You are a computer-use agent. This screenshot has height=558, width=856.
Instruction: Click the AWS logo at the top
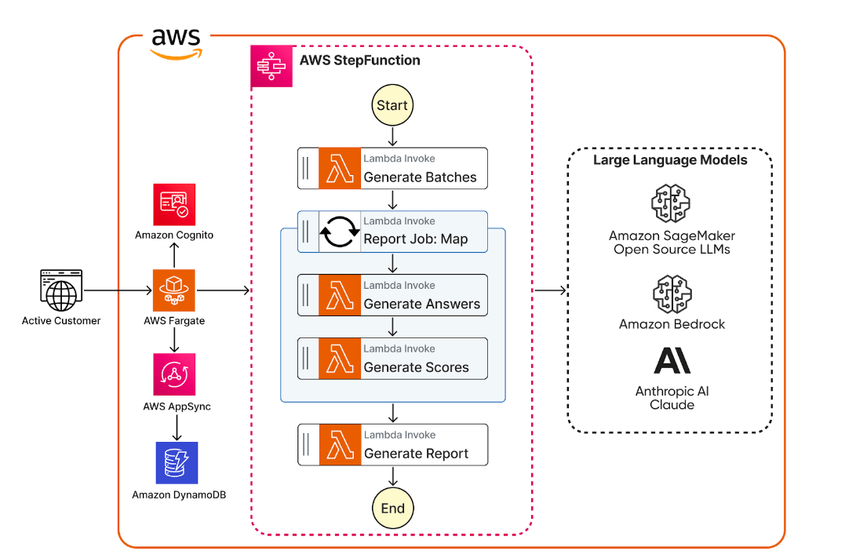tap(177, 43)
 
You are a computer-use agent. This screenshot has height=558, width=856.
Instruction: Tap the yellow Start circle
tap(392, 106)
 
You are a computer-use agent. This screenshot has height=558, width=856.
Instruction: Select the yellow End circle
tap(392, 508)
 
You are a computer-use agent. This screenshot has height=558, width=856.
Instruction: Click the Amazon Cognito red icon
tap(174, 205)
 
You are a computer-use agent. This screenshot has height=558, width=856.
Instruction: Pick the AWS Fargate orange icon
tap(174, 290)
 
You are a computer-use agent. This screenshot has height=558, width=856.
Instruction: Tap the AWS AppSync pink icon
tap(174, 374)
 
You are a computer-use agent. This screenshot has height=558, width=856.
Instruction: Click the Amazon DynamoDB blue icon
tap(177, 463)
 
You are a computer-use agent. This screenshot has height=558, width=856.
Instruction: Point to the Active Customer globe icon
tap(60, 290)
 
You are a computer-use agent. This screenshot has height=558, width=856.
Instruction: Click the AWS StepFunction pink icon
tap(271, 67)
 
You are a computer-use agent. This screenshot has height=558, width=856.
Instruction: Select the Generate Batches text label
tap(420, 177)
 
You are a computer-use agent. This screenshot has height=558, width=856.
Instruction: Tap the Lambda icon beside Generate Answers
tap(339, 295)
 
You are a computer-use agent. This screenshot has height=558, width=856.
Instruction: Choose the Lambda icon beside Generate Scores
tap(339, 359)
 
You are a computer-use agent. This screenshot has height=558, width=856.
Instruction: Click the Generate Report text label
tap(416, 454)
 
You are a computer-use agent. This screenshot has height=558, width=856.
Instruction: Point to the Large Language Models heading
tap(670, 160)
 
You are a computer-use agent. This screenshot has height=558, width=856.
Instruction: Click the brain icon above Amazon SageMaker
tap(672, 203)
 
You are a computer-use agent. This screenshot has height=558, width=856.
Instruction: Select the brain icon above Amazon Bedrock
tap(672, 293)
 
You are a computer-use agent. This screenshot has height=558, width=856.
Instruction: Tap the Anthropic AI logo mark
tap(672, 360)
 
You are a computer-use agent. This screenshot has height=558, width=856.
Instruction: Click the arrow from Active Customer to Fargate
tap(118, 290)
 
